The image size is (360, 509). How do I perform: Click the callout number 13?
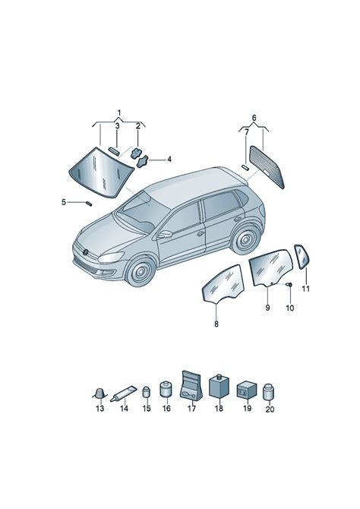tap(99, 409)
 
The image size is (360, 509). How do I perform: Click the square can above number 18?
tap(218, 385)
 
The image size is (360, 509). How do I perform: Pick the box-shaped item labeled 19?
tap(246, 390)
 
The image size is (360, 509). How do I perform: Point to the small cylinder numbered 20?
tap(268, 391)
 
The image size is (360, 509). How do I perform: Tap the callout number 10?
tap(289, 308)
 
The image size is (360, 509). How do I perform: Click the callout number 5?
tap(65, 201)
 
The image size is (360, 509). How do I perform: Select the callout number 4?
tap(169, 160)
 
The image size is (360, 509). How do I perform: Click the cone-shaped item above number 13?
tap(99, 392)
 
